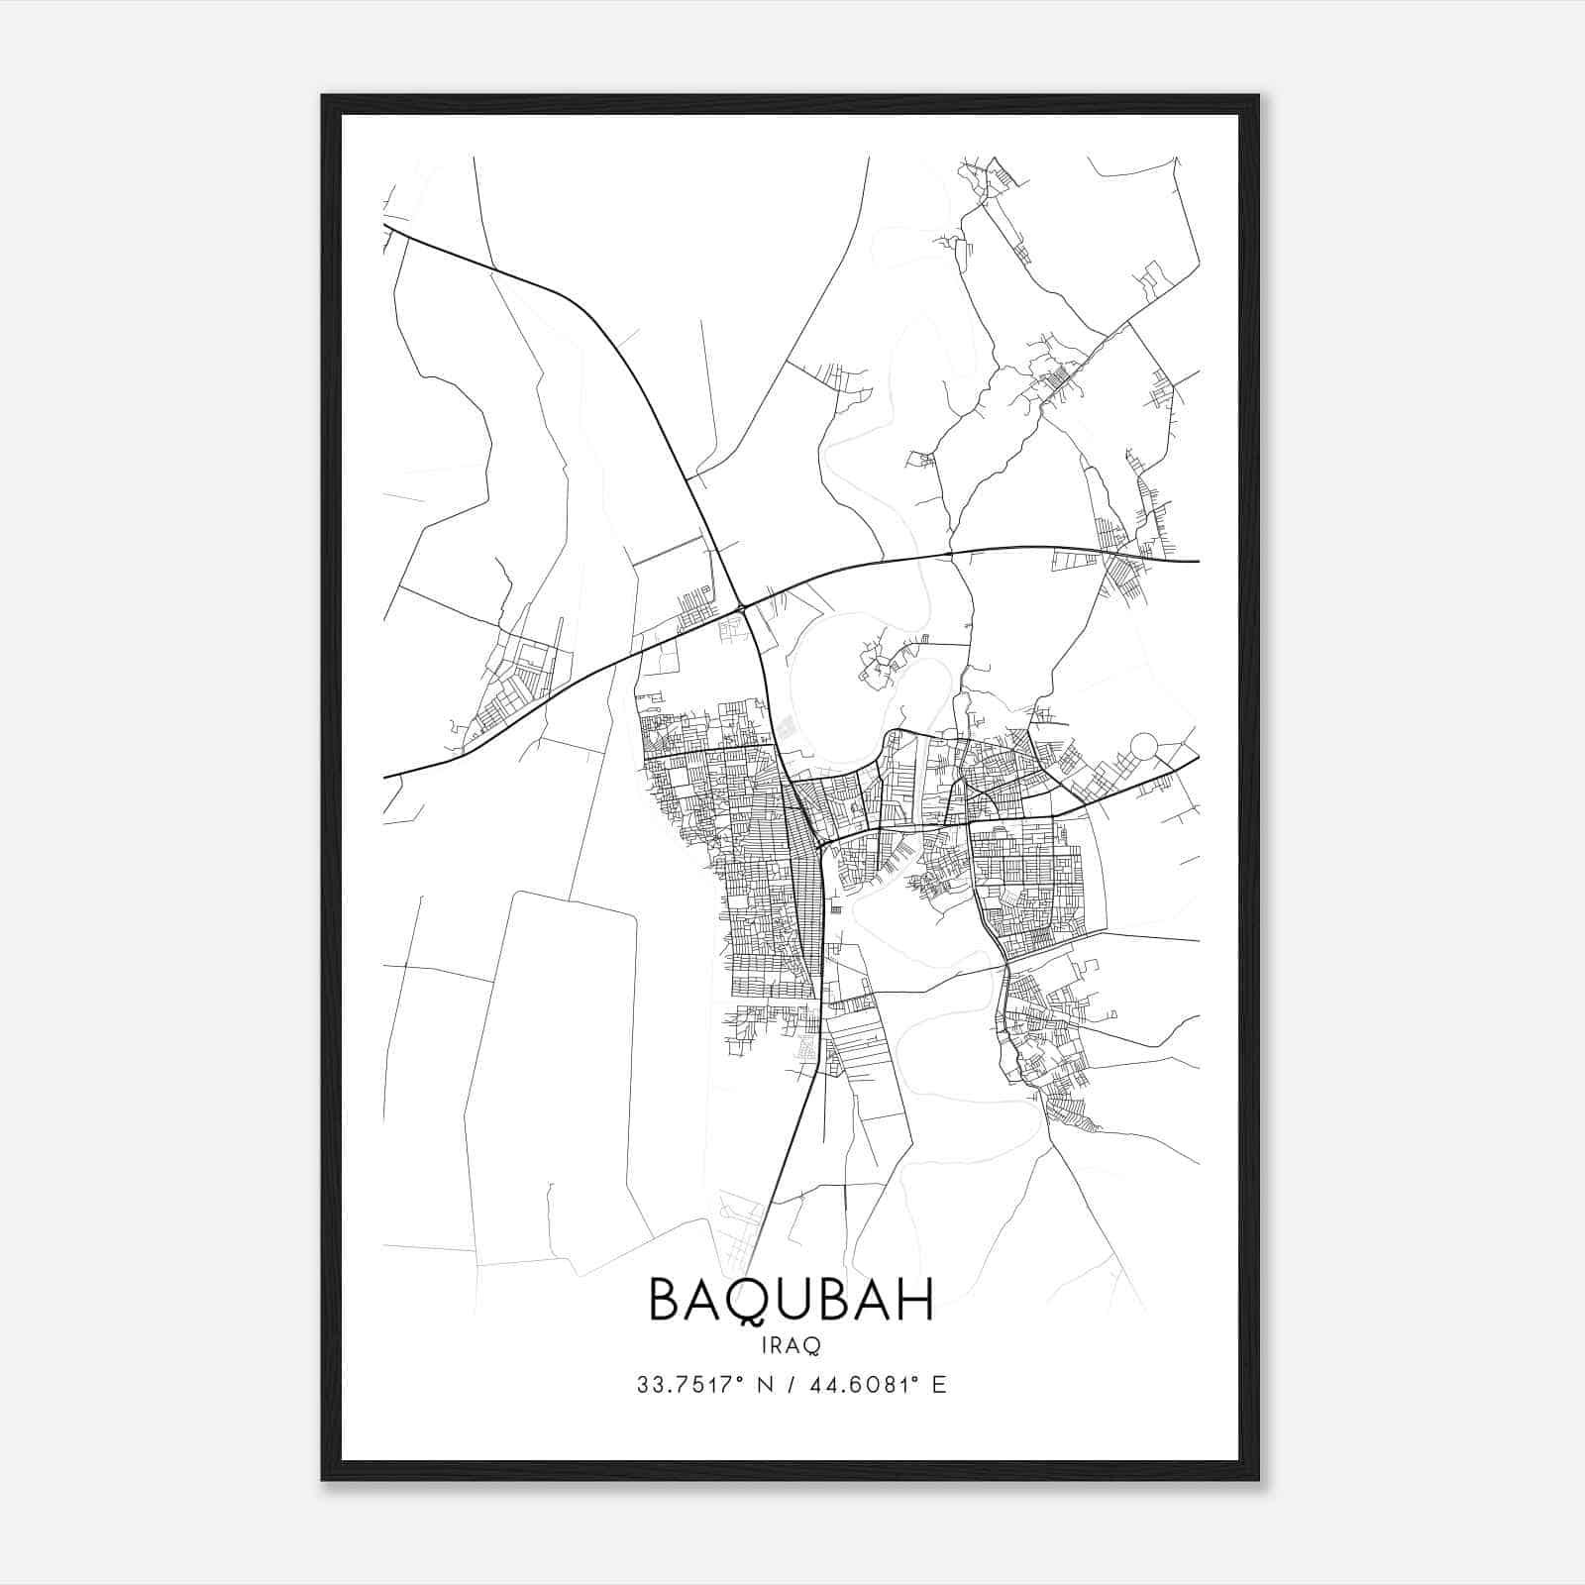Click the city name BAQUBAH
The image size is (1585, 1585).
(x=791, y=1301)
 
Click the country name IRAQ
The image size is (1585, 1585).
(x=791, y=1345)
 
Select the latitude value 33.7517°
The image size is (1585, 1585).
(x=690, y=1385)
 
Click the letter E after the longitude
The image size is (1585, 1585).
(x=939, y=1385)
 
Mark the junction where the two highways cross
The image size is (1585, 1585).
(x=741, y=607)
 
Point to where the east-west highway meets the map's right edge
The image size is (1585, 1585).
(x=1198, y=561)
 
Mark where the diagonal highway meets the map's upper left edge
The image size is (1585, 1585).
(x=385, y=226)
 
